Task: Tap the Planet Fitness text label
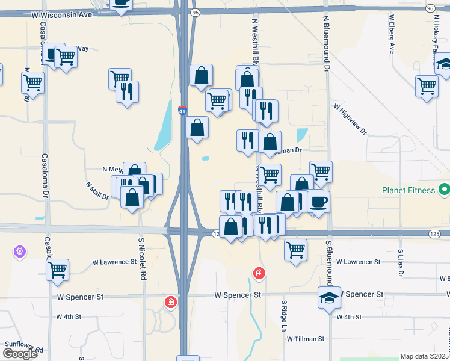[x=408, y=190]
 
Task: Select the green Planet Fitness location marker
[x=445, y=190]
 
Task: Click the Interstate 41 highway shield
[x=183, y=111]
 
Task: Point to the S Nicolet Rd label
[x=143, y=259]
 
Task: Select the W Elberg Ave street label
[x=391, y=34]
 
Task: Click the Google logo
[x=20, y=354]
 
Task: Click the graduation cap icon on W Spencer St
[x=329, y=298]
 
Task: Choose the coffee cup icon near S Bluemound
[x=319, y=201]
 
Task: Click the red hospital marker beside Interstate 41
[x=171, y=301]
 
